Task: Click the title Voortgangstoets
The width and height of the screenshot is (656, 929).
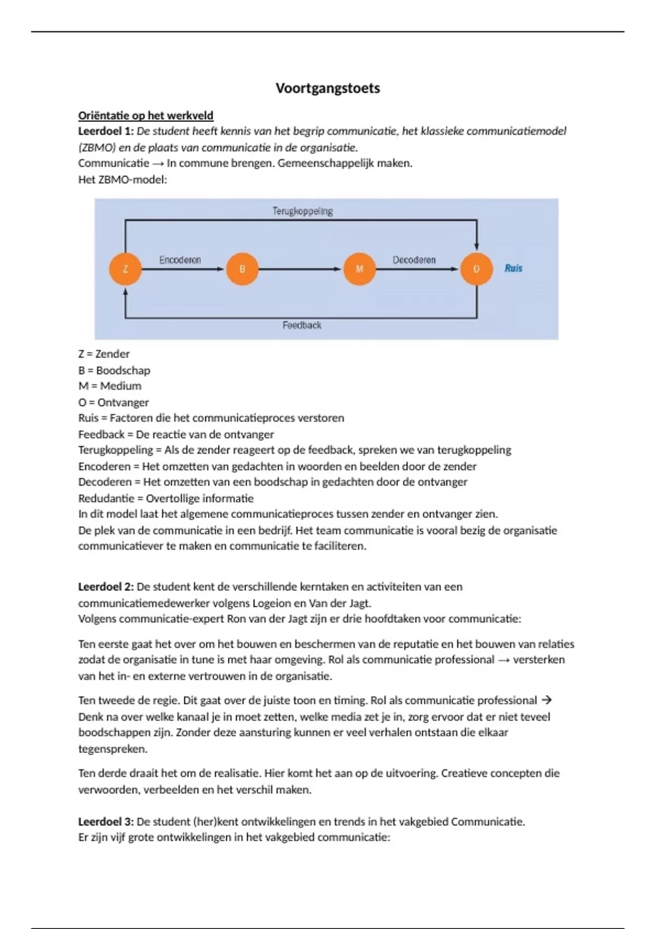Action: point(327,89)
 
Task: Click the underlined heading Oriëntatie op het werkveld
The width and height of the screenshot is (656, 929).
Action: point(145,116)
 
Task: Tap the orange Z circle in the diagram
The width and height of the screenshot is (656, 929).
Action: point(125,269)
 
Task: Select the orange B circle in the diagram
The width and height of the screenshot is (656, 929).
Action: point(242,269)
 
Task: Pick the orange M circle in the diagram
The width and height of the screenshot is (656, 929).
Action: point(359,269)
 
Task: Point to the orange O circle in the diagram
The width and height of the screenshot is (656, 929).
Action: point(476,269)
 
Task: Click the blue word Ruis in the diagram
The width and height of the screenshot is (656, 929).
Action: point(513,268)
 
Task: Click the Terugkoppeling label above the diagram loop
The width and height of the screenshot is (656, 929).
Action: point(302,211)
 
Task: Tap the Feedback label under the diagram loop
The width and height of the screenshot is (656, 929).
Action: point(302,325)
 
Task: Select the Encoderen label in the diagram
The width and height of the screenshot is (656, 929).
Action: point(180,260)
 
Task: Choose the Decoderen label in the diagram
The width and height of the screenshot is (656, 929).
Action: point(414,260)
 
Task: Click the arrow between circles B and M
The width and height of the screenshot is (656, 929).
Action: point(300,269)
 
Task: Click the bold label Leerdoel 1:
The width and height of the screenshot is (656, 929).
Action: point(106,131)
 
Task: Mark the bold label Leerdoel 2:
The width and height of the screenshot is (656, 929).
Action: point(106,587)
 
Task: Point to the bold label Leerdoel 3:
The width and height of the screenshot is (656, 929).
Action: point(106,822)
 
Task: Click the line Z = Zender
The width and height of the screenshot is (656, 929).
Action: point(104,354)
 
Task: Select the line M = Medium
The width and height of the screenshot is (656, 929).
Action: point(109,386)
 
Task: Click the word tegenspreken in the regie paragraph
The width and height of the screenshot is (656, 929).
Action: point(113,749)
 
